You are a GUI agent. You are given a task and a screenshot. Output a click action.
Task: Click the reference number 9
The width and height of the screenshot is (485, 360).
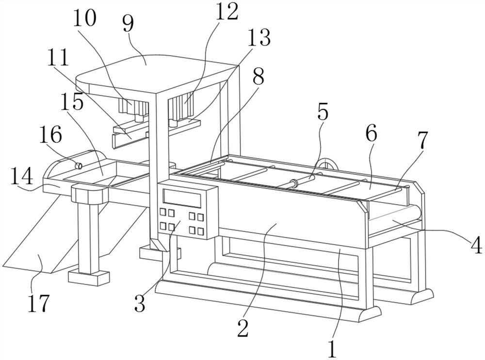coord(128,24)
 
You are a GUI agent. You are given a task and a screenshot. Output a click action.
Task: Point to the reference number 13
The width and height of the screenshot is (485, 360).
coord(259,37)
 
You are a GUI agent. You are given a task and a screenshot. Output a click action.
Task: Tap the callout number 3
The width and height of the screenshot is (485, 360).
coord(140,303)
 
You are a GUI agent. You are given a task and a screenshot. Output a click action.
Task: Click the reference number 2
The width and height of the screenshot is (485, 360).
coord(243,328)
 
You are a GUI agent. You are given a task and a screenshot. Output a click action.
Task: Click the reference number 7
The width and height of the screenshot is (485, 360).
coord(422,140)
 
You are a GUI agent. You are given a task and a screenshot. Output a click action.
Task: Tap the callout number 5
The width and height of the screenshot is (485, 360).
coord(323,112)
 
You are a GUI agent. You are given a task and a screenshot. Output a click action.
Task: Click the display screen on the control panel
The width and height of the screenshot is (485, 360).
coord(182,198)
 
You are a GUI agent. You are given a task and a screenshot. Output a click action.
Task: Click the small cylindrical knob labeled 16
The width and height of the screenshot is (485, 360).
coord(79,166)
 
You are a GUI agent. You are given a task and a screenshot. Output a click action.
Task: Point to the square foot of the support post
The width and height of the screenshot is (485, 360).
coord(89,278)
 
